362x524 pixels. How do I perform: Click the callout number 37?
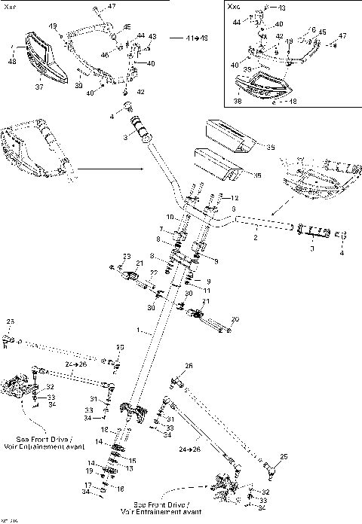point(40,86)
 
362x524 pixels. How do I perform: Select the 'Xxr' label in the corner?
point(9,7)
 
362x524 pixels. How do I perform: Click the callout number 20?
point(235,318)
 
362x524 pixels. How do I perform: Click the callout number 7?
point(161,229)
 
